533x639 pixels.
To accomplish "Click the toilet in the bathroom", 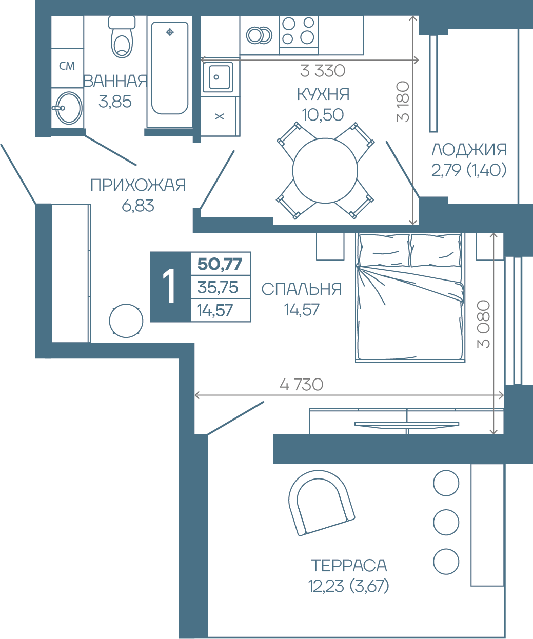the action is tap(122, 37).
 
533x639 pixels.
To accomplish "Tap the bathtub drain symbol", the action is tap(170, 32).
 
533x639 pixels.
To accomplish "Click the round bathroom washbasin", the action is tap(69, 108).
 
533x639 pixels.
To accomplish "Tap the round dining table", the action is tap(325, 170).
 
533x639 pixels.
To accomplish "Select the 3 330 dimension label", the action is tap(322, 71).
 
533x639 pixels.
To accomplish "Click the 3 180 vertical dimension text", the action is tap(403, 102).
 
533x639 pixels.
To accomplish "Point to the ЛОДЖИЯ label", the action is tap(469, 150).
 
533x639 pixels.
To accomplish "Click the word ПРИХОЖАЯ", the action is tap(138, 185).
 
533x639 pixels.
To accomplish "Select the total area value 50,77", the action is tap(220, 264).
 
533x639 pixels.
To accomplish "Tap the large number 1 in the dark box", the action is tap(169, 287).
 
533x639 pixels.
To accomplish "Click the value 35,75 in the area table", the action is tap(218, 287).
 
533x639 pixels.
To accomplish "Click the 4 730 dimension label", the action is tap(302, 385).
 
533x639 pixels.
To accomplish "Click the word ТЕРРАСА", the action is tap(349, 565).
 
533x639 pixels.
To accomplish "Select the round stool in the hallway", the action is tap(126, 321).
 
